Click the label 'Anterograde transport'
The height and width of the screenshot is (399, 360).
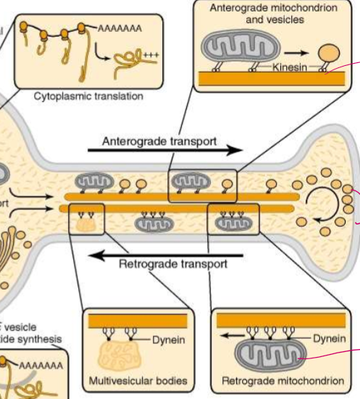(159, 140)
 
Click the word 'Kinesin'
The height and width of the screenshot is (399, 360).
(293, 66)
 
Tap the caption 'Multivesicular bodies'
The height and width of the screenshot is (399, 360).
(137, 380)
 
